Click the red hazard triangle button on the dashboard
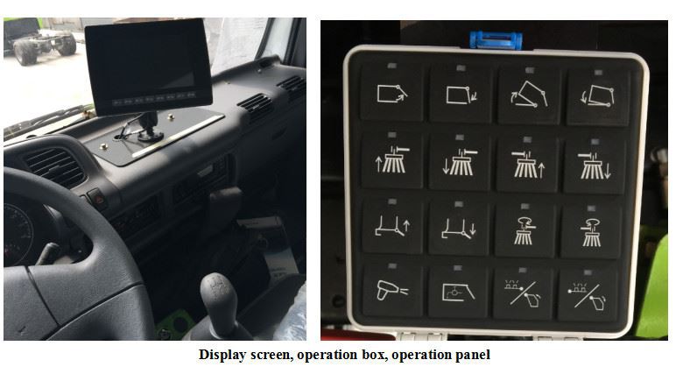pyautogui.click(x=97, y=197)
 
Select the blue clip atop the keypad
pyautogui.click(x=496, y=39)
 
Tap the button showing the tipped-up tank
pyautogui.click(x=529, y=94)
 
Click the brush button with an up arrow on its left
pyautogui.click(x=392, y=159)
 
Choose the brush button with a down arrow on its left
pyautogui.click(x=460, y=161)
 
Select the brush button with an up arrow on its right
pyautogui.click(x=527, y=163)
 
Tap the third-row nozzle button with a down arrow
pyautogui.click(x=459, y=227)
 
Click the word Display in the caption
pyautogui.click(x=222, y=355)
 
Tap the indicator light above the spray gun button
pyautogui.click(x=392, y=266)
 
